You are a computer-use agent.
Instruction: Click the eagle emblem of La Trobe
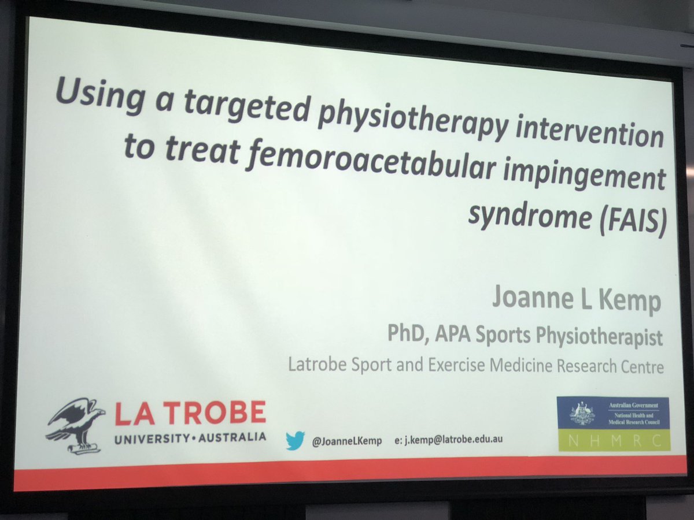[75, 425]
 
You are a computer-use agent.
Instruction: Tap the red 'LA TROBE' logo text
[190, 414]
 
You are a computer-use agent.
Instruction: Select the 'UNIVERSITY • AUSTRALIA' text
[190, 437]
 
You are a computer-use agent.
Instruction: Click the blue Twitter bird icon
[294, 441]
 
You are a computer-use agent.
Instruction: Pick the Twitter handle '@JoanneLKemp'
[346, 440]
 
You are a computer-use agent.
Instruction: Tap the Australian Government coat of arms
[581, 413]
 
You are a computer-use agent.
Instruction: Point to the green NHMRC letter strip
[613, 440]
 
